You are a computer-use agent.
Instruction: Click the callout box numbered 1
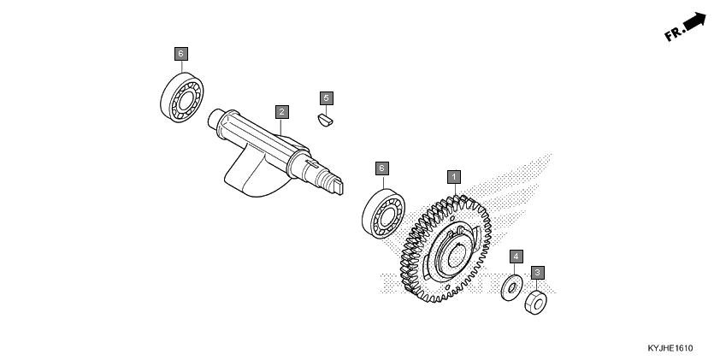(454, 177)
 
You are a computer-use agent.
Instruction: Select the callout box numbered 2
(282, 111)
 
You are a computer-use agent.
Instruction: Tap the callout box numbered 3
(538, 273)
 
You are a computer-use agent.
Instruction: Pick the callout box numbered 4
(516, 257)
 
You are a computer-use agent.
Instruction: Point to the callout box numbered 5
(327, 98)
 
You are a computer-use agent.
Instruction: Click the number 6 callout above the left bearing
(181, 54)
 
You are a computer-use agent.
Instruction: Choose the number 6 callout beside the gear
(381, 168)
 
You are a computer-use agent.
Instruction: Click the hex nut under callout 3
(535, 303)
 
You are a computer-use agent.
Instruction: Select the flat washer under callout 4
(511, 288)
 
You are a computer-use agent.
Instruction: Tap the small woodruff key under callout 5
(326, 120)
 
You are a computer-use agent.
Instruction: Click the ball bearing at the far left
(182, 97)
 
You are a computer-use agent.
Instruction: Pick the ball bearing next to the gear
(383, 214)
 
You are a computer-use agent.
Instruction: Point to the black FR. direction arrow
(694, 21)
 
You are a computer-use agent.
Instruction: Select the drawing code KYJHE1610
(670, 348)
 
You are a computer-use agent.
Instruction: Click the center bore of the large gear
(456, 257)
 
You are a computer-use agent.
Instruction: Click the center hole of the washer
(512, 289)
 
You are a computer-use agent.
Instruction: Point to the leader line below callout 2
(281, 127)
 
